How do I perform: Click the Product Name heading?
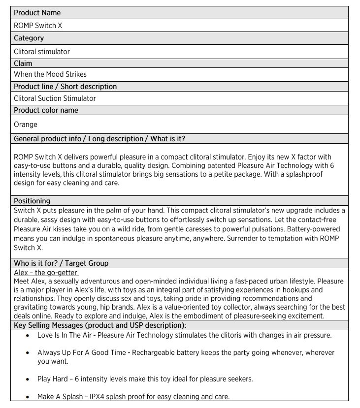[x=37, y=13]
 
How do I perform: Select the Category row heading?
[x=29, y=38]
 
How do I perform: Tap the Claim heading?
[x=23, y=63]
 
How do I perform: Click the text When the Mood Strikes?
[x=50, y=74]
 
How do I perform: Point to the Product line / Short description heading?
[x=65, y=87]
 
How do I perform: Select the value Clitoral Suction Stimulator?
[x=55, y=98]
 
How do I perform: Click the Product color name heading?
[x=46, y=110]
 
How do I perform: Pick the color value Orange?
[x=26, y=125]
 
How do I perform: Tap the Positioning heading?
[x=32, y=201]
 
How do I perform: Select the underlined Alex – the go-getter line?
[x=46, y=273]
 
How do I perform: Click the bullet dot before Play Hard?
[x=27, y=379]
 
